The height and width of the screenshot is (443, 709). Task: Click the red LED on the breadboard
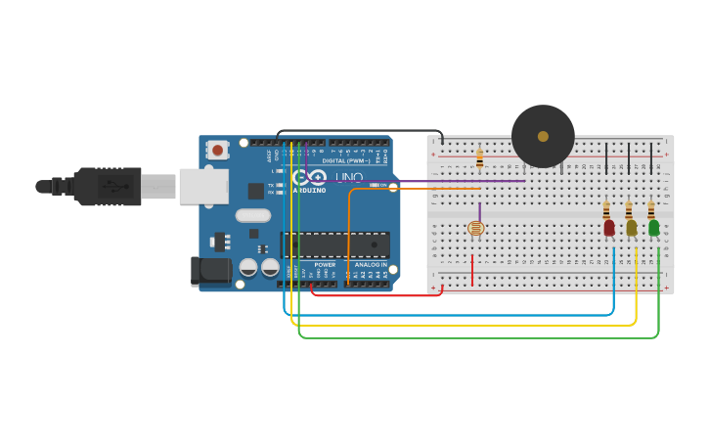[x=609, y=228]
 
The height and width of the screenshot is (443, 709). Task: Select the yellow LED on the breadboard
[x=631, y=228]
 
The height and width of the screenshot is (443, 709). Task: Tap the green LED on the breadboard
[x=653, y=228]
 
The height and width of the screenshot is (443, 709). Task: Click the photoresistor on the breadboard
[x=475, y=229]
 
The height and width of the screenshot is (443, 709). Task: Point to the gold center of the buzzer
[x=543, y=136]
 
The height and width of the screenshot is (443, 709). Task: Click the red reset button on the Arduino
[x=217, y=151]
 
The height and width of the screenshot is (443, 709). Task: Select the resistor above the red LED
[x=606, y=209]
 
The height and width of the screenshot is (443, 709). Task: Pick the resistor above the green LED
[x=650, y=209]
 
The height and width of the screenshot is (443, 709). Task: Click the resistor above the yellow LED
[x=628, y=209]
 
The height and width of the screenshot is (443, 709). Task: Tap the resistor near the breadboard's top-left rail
[x=479, y=156]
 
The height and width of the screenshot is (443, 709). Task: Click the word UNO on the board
[x=349, y=177]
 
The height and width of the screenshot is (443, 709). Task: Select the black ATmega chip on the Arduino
[x=334, y=244]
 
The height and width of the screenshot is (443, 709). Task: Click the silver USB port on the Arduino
[x=203, y=186]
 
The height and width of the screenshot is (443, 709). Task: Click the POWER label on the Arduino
[x=325, y=264]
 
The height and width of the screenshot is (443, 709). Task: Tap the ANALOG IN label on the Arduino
[x=371, y=264]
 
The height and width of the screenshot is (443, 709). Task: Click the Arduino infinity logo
[x=310, y=177]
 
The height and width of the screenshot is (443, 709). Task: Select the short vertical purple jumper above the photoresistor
[x=479, y=211]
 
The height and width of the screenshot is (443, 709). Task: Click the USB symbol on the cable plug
[x=115, y=186]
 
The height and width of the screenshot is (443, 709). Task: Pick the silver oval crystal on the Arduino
[x=252, y=216]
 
